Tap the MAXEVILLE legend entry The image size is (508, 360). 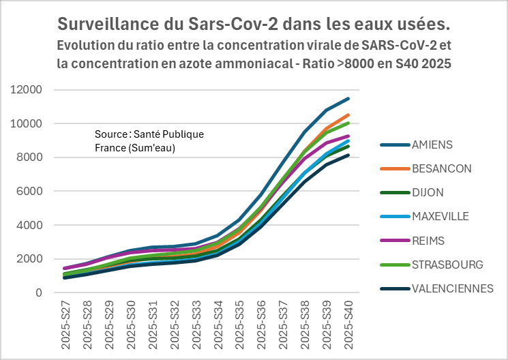440,217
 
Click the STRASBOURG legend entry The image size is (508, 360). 447,265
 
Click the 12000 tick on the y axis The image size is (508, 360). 27,90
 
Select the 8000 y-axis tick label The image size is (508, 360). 30,157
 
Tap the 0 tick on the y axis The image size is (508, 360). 39,293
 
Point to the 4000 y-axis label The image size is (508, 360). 30,225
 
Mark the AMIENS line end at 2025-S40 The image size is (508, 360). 348,99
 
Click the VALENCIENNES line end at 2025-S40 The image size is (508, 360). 348,155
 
